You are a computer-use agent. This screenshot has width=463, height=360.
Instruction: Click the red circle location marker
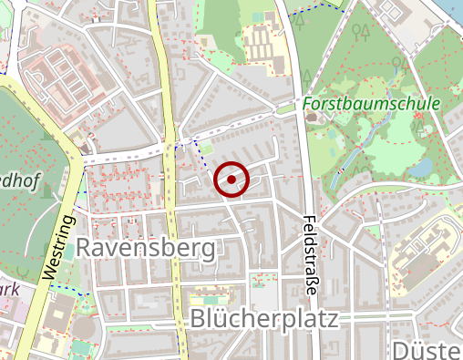coord(231,180)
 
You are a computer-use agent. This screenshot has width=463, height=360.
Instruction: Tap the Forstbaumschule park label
coord(372,104)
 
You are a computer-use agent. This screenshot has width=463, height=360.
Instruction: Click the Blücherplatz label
coord(264,319)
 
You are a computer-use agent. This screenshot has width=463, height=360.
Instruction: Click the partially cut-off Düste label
coord(427,351)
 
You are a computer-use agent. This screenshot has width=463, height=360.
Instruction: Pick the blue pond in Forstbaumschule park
coord(421,168)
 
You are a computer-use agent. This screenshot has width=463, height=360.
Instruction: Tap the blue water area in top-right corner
coord(453,9)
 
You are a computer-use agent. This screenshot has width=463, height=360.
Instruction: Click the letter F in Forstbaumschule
coord(310,104)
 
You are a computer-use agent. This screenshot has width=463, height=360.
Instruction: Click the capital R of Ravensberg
coord(86,247)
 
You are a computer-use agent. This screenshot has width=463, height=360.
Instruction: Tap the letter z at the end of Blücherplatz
coord(332,320)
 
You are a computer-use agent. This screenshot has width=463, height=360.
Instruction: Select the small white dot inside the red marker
coord(231,180)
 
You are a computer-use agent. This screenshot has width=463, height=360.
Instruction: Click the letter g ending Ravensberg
coord(208,250)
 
